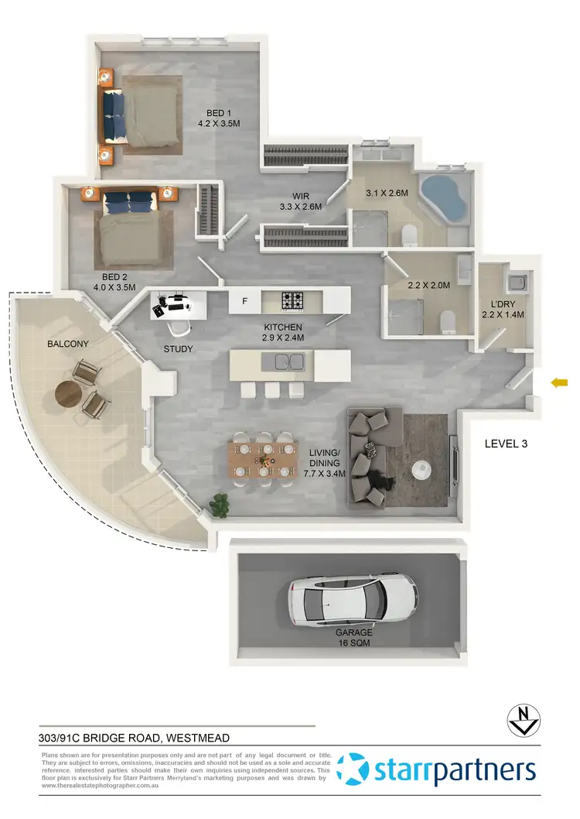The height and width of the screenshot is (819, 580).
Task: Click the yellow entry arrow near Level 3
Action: (x=559, y=382)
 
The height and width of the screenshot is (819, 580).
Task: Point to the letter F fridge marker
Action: (x=244, y=301)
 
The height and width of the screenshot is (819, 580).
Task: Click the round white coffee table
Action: (x=422, y=469)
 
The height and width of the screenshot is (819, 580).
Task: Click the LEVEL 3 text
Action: (x=510, y=444)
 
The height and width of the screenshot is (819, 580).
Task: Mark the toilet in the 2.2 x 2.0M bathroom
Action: (x=447, y=320)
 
